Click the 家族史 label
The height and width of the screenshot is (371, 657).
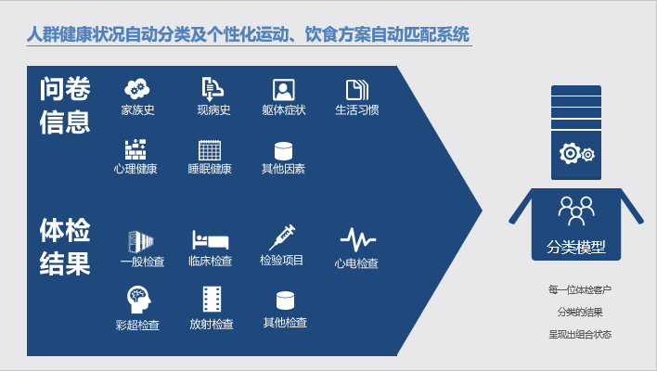[138, 110]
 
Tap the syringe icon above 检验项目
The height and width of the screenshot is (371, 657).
[282, 237]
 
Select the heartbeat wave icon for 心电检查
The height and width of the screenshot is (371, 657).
[358, 239]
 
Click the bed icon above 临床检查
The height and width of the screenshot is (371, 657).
[211, 239]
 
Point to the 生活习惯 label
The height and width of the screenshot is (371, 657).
[357, 110]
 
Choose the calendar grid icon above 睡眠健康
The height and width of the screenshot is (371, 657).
[210, 150]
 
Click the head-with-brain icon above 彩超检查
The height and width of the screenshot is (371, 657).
[138, 300]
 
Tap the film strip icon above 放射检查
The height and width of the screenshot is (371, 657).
[212, 299]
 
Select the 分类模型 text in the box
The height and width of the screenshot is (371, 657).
[575, 247]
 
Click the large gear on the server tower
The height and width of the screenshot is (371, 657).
[570, 153]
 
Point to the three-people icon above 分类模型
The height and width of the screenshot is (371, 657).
[576, 211]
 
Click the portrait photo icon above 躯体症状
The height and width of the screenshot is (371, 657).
[284, 90]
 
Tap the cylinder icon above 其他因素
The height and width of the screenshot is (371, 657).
[283, 151]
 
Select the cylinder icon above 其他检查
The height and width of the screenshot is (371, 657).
[285, 301]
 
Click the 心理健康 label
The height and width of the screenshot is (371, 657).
[135, 169]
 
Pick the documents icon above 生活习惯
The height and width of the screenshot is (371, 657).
[357, 90]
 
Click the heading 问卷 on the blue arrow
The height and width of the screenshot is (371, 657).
[65, 89]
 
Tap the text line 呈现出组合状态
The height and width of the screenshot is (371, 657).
[580, 334]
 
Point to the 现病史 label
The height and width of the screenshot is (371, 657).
[213, 110]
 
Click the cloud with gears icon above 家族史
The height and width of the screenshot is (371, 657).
[137, 89]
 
